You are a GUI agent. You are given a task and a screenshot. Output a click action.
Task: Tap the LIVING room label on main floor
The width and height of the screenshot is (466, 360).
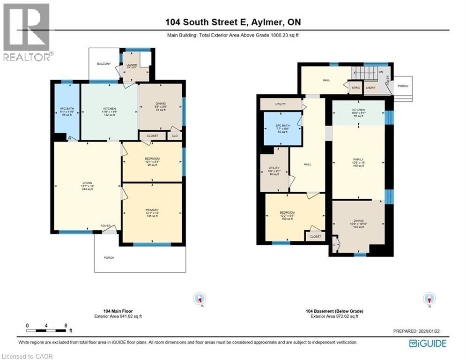(x=87, y=183)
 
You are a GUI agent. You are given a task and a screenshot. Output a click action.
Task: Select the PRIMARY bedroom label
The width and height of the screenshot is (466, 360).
(x=152, y=210)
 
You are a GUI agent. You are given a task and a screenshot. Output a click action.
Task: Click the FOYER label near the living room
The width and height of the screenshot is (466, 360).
(x=105, y=225)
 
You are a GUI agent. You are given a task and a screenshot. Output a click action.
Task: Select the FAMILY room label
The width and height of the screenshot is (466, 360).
(x=358, y=159)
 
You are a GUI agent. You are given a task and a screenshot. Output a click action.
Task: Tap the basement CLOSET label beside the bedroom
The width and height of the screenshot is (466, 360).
(x=315, y=237)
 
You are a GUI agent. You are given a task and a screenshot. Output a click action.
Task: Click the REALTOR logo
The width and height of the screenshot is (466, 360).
(x=26, y=32)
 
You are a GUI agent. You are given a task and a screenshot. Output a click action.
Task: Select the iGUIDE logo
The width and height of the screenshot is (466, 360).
(x=427, y=344)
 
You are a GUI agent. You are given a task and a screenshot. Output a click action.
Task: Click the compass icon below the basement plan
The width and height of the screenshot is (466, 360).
(x=429, y=299)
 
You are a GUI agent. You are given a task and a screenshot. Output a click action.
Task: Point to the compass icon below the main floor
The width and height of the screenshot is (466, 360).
(x=200, y=299)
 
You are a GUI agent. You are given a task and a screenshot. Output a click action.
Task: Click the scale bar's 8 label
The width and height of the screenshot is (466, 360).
(x=66, y=325)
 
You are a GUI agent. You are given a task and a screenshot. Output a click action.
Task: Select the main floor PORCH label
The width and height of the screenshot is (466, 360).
(x=109, y=257)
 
